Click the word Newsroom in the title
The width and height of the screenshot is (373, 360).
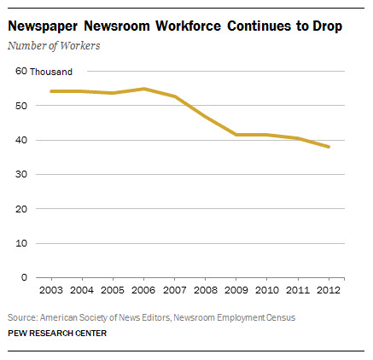click(x=117, y=26)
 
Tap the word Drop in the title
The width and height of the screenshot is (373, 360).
click(x=327, y=26)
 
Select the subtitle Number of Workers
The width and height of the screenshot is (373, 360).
click(x=54, y=45)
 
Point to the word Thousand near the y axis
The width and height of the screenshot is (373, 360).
click(x=51, y=72)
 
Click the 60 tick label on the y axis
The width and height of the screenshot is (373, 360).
click(x=21, y=71)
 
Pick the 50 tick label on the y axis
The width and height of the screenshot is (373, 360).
click(x=21, y=106)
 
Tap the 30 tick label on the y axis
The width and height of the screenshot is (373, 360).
click(x=21, y=174)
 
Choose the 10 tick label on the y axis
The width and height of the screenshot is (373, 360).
click(x=21, y=243)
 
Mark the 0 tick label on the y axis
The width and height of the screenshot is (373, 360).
click(x=24, y=277)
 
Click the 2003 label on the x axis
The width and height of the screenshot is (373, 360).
click(x=51, y=290)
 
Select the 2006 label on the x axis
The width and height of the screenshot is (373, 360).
click(x=143, y=290)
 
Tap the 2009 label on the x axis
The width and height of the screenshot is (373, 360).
click(x=236, y=290)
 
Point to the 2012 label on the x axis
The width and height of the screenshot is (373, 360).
click(x=329, y=290)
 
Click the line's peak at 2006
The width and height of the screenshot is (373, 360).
click(x=144, y=89)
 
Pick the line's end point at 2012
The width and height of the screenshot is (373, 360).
click(x=329, y=147)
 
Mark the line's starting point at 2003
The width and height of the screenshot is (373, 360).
click(x=51, y=91)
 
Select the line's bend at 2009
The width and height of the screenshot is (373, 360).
click(x=236, y=135)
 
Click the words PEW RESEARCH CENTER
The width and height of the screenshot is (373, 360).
click(x=57, y=334)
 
